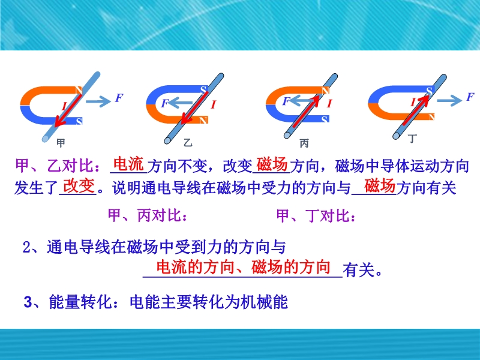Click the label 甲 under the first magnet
(61, 143)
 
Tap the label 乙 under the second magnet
(188, 142)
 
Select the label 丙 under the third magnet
(304, 143)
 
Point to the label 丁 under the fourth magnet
(412, 139)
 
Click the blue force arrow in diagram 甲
(98, 101)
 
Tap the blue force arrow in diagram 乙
(181, 103)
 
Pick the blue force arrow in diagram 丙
(301, 100)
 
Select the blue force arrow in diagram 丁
(449, 100)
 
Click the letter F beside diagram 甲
(119, 98)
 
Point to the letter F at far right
(470, 97)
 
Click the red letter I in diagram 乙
(214, 104)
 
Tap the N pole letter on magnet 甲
(79, 91)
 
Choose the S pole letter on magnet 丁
(429, 91)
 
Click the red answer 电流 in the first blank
(128, 164)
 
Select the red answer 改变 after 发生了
(78, 186)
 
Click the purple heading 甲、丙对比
(148, 215)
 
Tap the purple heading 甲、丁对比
(316, 215)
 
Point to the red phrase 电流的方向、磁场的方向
(244, 267)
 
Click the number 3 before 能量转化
(28, 302)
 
